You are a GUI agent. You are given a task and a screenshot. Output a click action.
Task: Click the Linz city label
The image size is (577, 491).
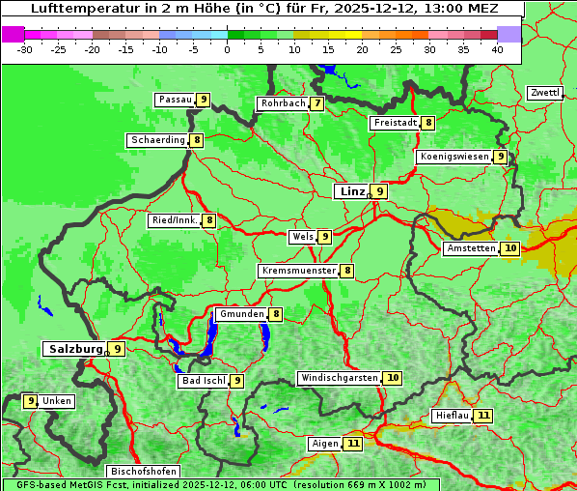[x=351, y=191]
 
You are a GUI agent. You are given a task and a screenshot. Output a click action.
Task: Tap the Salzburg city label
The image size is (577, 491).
[x=74, y=349]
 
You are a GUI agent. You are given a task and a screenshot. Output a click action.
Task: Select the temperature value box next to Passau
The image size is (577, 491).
[x=203, y=100]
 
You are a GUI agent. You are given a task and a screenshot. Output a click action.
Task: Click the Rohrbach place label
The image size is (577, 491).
[x=283, y=103]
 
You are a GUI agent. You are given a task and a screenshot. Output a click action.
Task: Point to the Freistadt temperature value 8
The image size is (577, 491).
[x=427, y=123]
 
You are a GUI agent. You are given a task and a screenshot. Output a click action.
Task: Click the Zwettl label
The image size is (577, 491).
[x=544, y=93]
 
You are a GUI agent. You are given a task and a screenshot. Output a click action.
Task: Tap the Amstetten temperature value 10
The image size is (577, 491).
[x=510, y=248]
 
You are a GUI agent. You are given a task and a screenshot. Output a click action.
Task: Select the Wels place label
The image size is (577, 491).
[x=303, y=237]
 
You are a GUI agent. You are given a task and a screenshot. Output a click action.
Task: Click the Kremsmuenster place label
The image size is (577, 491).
[x=298, y=271]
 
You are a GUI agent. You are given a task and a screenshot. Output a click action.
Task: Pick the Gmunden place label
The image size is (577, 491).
[x=240, y=314]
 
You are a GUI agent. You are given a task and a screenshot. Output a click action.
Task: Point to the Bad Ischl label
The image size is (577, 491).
[x=204, y=381]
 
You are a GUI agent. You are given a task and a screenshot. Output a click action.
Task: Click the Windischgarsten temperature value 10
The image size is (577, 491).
[x=392, y=378]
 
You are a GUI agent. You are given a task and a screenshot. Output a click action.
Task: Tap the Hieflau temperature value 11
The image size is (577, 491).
[x=483, y=416]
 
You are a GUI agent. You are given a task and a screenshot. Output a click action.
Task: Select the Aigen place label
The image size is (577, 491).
[x=325, y=444]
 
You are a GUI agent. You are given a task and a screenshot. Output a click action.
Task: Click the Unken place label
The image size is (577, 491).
[x=57, y=401]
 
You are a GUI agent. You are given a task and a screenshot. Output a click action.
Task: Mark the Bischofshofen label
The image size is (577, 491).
[x=143, y=472]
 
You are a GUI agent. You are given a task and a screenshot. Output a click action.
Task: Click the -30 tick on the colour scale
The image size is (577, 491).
[x=25, y=49]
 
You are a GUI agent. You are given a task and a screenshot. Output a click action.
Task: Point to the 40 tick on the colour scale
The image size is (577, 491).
[x=497, y=49]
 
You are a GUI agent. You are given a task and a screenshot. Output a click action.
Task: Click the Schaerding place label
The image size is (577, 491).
[x=158, y=140]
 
